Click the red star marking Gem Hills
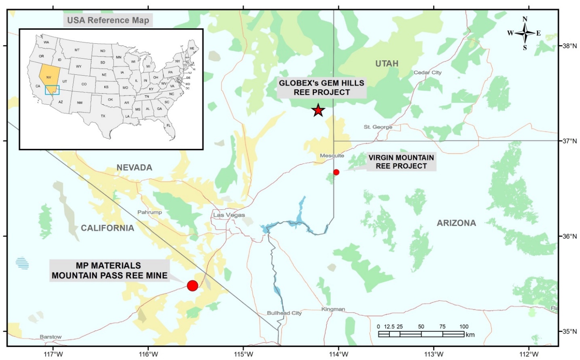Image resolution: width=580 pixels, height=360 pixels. [x=318, y=110]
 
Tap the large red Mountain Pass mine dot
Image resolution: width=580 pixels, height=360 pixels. [x=193, y=286]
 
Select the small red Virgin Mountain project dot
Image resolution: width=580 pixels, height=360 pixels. [x=336, y=172]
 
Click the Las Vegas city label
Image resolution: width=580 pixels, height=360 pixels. [x=229, y=215]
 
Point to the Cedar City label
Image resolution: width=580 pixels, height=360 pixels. [x=428, y=72]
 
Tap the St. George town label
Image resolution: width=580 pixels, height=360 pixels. [x=378, y=127]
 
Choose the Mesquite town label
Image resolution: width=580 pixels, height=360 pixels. [x=332, y=156]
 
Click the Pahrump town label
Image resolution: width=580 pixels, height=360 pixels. [x=149, y=212]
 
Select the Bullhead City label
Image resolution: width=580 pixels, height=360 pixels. [x=284, y=313]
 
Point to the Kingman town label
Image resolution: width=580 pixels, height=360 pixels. [x=333, y=309]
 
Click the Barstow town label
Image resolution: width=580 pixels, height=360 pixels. [x=51, y=337]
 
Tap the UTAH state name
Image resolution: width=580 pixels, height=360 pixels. [x=387, y=64]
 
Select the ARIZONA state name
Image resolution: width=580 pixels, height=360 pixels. [x=456, y=223]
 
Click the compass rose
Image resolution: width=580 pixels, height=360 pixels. [x=525, y=33]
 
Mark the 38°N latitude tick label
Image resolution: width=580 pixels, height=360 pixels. [x=569, y=46]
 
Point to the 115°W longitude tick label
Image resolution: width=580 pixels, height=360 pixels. [x=243, y=354]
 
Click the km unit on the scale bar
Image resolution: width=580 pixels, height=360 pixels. [x=470, y=335]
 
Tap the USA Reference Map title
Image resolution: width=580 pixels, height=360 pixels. [x=108, y=20]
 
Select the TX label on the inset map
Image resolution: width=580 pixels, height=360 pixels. [x=103, y=116]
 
